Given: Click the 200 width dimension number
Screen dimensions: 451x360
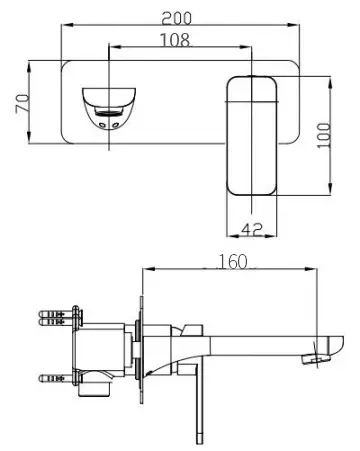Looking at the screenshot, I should (181, 17).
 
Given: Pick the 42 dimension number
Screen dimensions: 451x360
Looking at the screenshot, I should (254, 230).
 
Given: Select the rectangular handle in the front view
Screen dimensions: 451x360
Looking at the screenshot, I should (254, 135).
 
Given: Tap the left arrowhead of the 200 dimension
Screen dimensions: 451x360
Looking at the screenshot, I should (65, 26).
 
